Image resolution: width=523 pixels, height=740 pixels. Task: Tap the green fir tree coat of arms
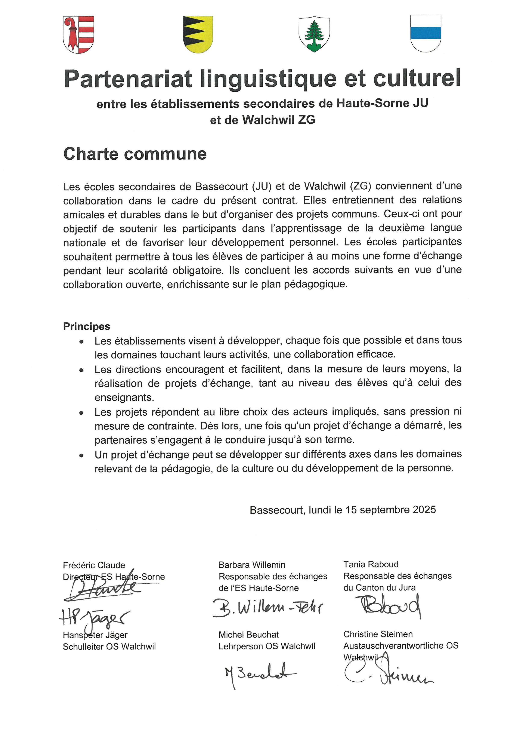tap(314, 34)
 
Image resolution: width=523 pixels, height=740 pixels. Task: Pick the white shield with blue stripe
tap(425, 33)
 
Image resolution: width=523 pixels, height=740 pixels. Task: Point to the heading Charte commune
tap(135, 154)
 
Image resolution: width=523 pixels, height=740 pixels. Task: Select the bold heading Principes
tap(86, 326)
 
